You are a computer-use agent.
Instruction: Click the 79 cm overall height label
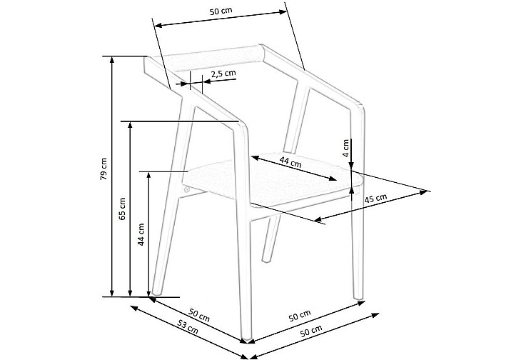point(103,169)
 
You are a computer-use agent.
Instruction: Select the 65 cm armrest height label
point(122,209)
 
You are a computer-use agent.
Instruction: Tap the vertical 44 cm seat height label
point(141,234)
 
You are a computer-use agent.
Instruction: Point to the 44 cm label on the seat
point(290,163)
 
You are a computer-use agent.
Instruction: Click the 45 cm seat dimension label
point(375,199)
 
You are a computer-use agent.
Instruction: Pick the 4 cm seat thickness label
point(346,148)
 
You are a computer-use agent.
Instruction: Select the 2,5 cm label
point(223,74)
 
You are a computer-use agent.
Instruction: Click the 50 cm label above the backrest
point(221,11)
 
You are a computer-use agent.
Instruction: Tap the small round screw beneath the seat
point(187,189)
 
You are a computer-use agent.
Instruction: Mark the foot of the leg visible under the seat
point(266,259)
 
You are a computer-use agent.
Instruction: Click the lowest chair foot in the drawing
point(246,340)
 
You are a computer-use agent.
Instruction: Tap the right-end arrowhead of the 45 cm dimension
point(425,192)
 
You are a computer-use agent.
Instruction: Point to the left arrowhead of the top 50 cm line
point(157,25)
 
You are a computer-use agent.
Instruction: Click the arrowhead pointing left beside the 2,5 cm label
point(207,81)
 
